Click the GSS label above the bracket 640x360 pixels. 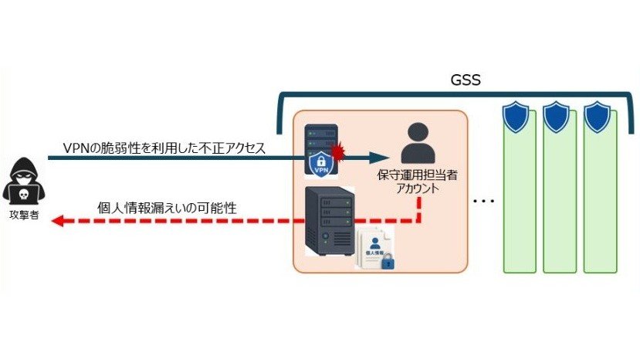pyautogui.click(x=466, y=80)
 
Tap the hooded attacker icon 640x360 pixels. pyautogui.click(x=24, y=181)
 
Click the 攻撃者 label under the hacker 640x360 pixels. pyautogui.click(x=24, y=216)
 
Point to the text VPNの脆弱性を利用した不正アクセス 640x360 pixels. pyautogui.click(x=164, y=148)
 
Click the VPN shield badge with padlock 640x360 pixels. pyautogui.click(x=321, y=164)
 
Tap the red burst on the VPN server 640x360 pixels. pyautogui.click(x=338, y=152)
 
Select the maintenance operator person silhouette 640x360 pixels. pyautogui.click(x=418, y=144)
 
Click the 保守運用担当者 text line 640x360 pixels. pyautogui.click(x=417, y=175)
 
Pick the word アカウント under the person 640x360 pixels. pyautogui.click(x=418, y=188)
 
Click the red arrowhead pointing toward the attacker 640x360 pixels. pyautogui.click(x=58, y=221)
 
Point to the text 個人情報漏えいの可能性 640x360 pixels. pyautogui.click(x=167, y=208)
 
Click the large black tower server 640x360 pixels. pyautogui.click(x=330, y=221)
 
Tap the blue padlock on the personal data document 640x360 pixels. pyautogui.click(x=388, y=262)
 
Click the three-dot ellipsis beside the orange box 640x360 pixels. pyautogui.click(x=484, y=201)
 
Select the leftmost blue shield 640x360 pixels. pyautogui.click(x=516, y=117)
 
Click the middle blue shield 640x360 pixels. pyautogui.click(x=556, y=117)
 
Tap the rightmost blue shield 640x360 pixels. pyautogui.click(x=597, y=117)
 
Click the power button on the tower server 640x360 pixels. pyautogui.click(x=325, y=236)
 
